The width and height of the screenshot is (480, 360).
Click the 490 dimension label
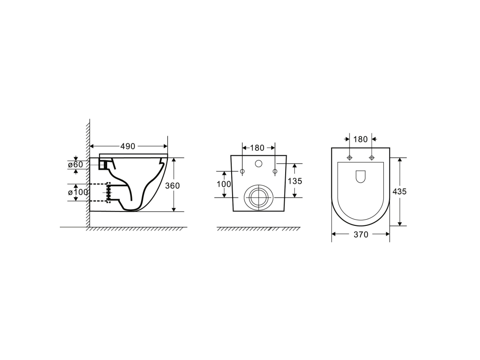pos(128,146)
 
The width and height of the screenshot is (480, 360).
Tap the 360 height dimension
pos(172,185)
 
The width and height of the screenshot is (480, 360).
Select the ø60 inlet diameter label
pos(75,164)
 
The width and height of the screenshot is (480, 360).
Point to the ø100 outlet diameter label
pos(78,192)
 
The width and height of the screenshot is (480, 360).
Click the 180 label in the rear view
pos(257,148)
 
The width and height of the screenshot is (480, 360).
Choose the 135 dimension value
pos(295,181)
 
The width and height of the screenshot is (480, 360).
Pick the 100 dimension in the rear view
pos(224,184)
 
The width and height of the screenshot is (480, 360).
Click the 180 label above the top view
pos(360,139)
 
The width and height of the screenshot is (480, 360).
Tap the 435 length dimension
pos(399,191)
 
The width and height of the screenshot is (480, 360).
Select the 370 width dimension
pos(361,234)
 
